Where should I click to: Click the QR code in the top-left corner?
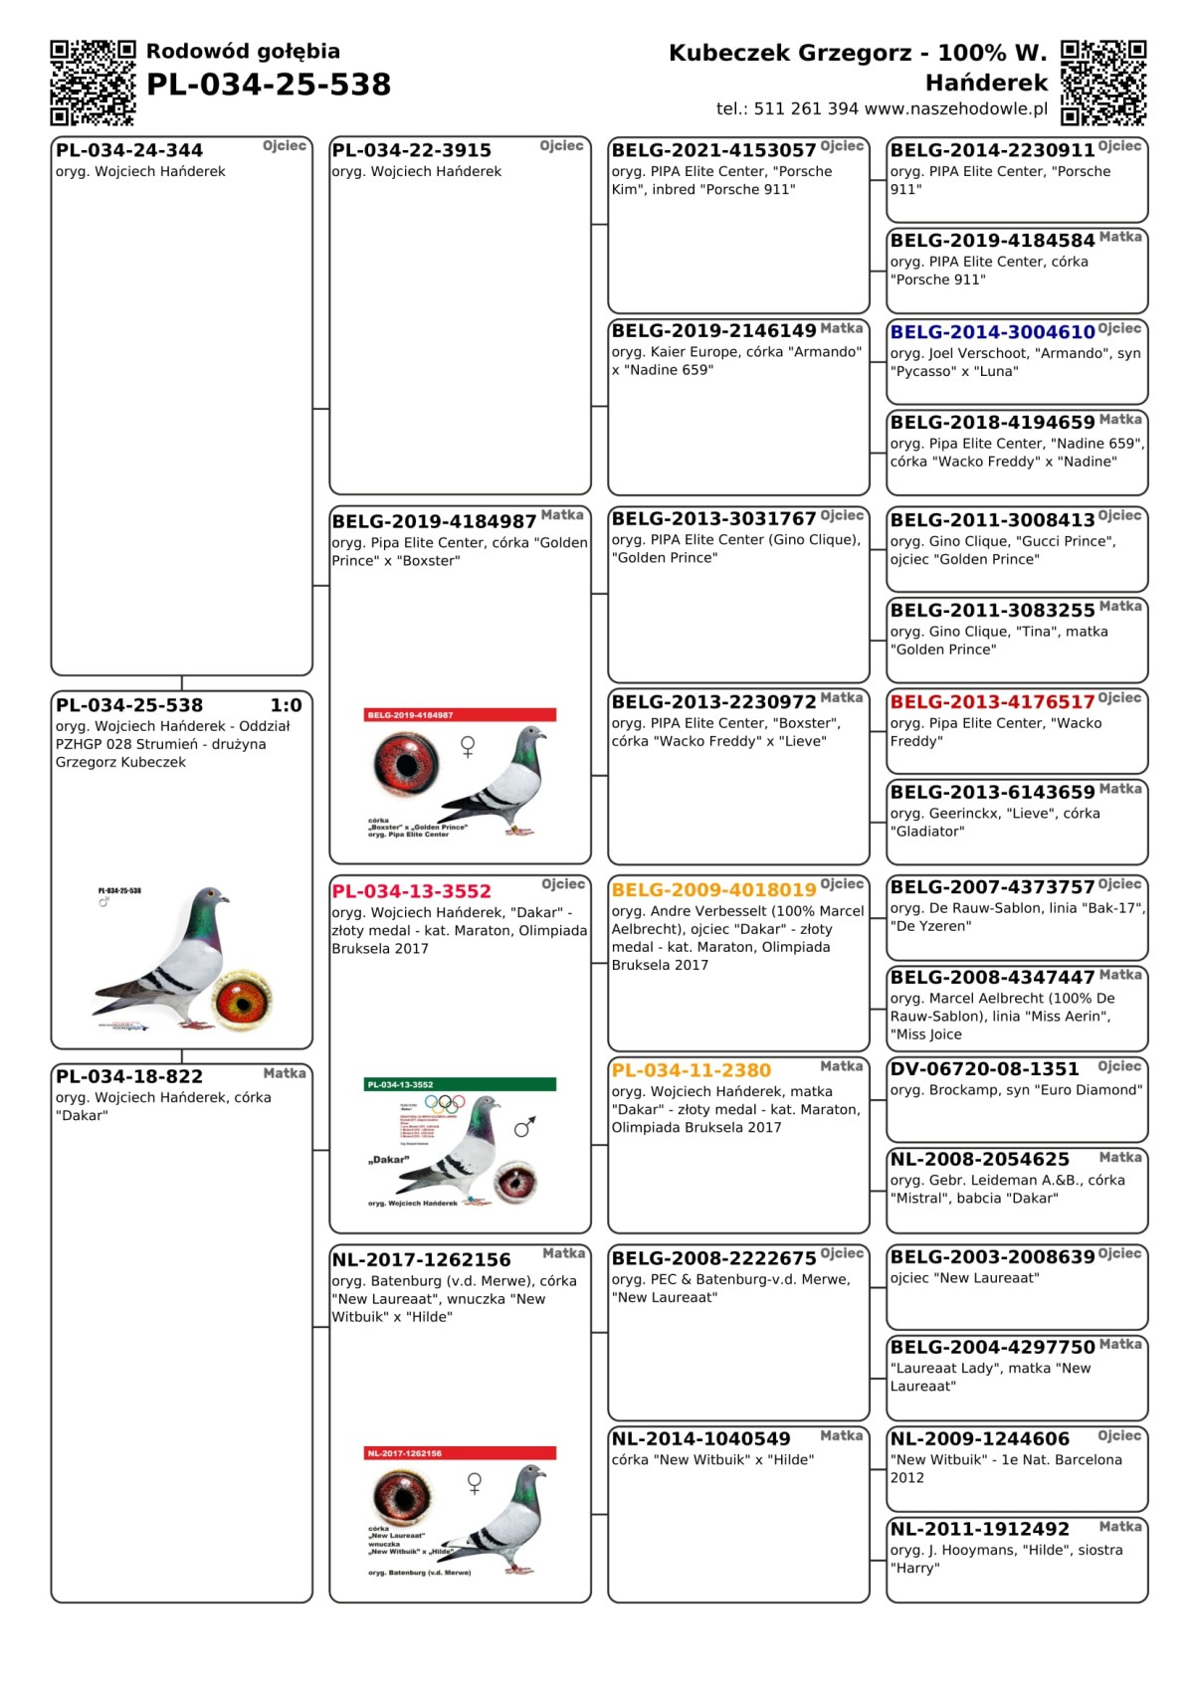tap(93, 83)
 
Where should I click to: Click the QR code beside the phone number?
tap(1103, 83)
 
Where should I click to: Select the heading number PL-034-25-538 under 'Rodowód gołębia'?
tap(269, 85)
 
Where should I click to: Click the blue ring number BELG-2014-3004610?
tap(992, 332)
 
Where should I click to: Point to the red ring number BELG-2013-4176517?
tap(992, 702)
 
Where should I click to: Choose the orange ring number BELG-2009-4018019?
tap(713, 890)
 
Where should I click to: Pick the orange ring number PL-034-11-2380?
tap(691, 1071)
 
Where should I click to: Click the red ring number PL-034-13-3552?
tap(411, 892)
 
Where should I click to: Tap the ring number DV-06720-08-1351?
tap(984, 1069)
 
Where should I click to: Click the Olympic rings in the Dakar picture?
tap(444, 1103)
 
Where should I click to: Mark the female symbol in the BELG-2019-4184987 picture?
tap(468, 746)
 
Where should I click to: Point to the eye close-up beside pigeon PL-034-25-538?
tap(243, 998)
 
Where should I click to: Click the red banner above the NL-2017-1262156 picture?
tap(461, 1453)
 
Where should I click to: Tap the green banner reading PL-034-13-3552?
tap(461, 1084)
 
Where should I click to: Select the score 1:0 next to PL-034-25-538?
tap(286, 705)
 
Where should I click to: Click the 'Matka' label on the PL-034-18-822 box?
tap(285, 1073)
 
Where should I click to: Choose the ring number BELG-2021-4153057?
tap(713, 150)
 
